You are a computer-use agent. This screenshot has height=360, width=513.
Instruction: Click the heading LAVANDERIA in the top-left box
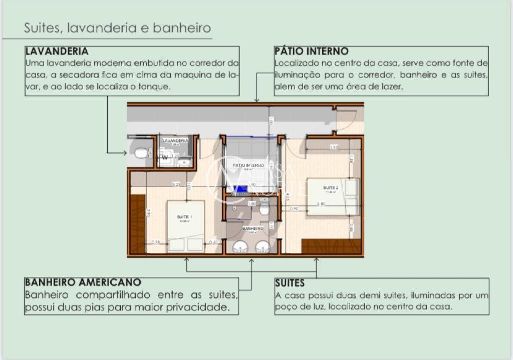click(57, 51)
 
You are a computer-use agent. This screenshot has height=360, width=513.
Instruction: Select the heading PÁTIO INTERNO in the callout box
click(311, 51)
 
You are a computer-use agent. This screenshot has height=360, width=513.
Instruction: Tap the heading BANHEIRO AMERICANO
click(83, 282)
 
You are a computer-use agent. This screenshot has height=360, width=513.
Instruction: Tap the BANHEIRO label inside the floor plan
click(252, 228)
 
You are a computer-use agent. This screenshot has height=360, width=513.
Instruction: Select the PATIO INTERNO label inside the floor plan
click(248, 165)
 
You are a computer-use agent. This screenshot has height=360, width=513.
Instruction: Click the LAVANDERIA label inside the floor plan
click(175, 141)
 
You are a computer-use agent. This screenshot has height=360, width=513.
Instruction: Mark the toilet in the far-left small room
click(141, 152)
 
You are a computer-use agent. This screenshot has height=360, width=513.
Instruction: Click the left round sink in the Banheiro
click(239, 246)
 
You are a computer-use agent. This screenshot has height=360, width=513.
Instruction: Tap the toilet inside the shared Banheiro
click(265, 208)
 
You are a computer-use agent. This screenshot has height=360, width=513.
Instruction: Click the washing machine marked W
click(165, 156)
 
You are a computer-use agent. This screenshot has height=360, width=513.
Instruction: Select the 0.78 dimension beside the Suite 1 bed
click(156, 242)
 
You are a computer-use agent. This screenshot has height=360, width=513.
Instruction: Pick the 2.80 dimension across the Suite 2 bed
click(321, 203)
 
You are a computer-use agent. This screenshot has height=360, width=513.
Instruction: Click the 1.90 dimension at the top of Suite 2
click(334, 147)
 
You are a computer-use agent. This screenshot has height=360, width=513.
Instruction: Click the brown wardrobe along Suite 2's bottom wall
click(331, 246)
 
